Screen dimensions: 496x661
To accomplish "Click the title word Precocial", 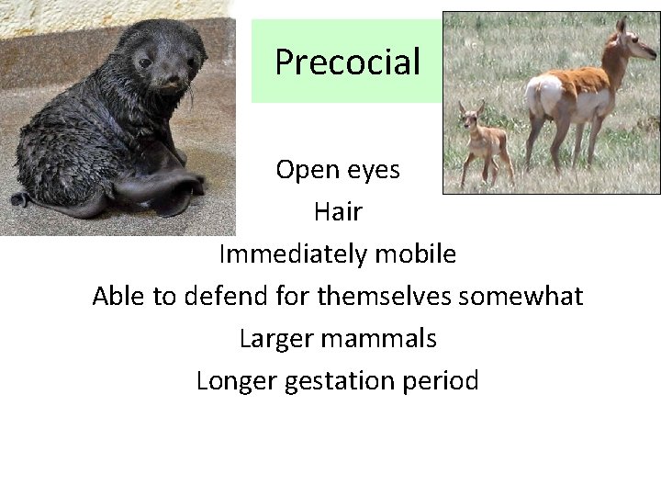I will click(x=347, y=62).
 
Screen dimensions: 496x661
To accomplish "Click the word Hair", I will click(x=338, y=212).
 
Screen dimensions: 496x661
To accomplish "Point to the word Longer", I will click(x=234, y=380).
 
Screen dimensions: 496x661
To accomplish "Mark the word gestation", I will click(x=338, y=381).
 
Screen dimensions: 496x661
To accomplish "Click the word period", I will click(x=442, y=380).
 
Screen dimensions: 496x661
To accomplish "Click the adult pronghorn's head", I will click(x=626, y=37).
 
